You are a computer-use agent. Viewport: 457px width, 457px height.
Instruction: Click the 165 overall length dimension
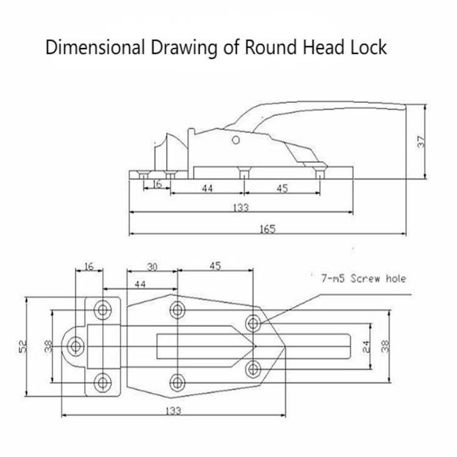267,229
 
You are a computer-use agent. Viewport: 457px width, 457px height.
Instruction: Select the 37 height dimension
422,142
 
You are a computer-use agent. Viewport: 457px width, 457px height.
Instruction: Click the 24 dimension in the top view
366,346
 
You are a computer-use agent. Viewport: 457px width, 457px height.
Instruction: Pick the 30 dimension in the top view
152,267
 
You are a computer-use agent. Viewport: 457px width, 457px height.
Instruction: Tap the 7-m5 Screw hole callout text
363,278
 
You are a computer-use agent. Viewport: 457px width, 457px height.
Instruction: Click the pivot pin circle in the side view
236,141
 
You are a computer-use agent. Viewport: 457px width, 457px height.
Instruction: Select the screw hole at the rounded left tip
76,346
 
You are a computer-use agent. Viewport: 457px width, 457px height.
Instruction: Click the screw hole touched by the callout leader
253,323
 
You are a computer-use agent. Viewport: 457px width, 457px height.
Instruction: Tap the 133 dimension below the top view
174,411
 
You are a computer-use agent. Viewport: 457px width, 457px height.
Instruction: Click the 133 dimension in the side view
241,208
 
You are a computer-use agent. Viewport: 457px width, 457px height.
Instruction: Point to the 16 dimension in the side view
157,184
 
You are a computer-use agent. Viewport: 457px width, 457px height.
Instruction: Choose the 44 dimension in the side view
207,189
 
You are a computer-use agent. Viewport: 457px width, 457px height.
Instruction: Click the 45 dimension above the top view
215,266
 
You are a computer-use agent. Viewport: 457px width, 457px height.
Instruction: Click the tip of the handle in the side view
405,107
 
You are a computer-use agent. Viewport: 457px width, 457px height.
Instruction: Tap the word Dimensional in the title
95,47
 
